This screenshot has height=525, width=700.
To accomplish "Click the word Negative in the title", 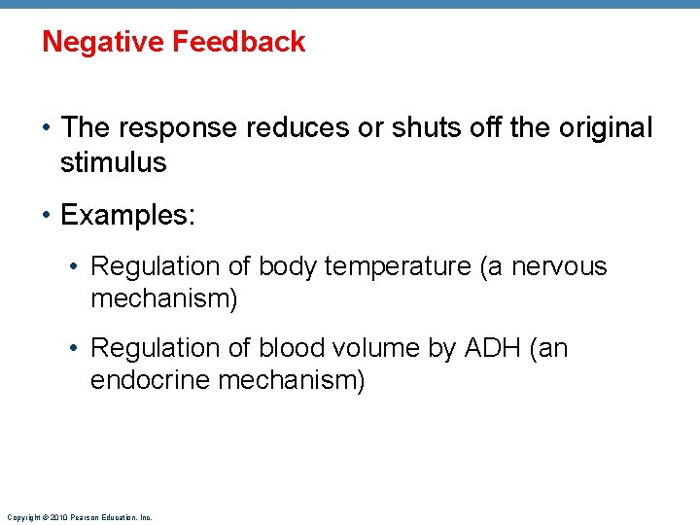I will click(102, 42).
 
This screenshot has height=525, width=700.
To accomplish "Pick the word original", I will click(606, 127).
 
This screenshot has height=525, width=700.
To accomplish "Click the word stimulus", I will click(113, 162).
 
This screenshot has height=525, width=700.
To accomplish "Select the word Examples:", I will click(127, 215).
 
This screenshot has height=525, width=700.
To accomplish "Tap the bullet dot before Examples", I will click(48, 215).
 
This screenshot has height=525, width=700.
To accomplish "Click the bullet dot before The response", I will click(48, 127).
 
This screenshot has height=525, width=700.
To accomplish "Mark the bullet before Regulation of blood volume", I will click(79, 348).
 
